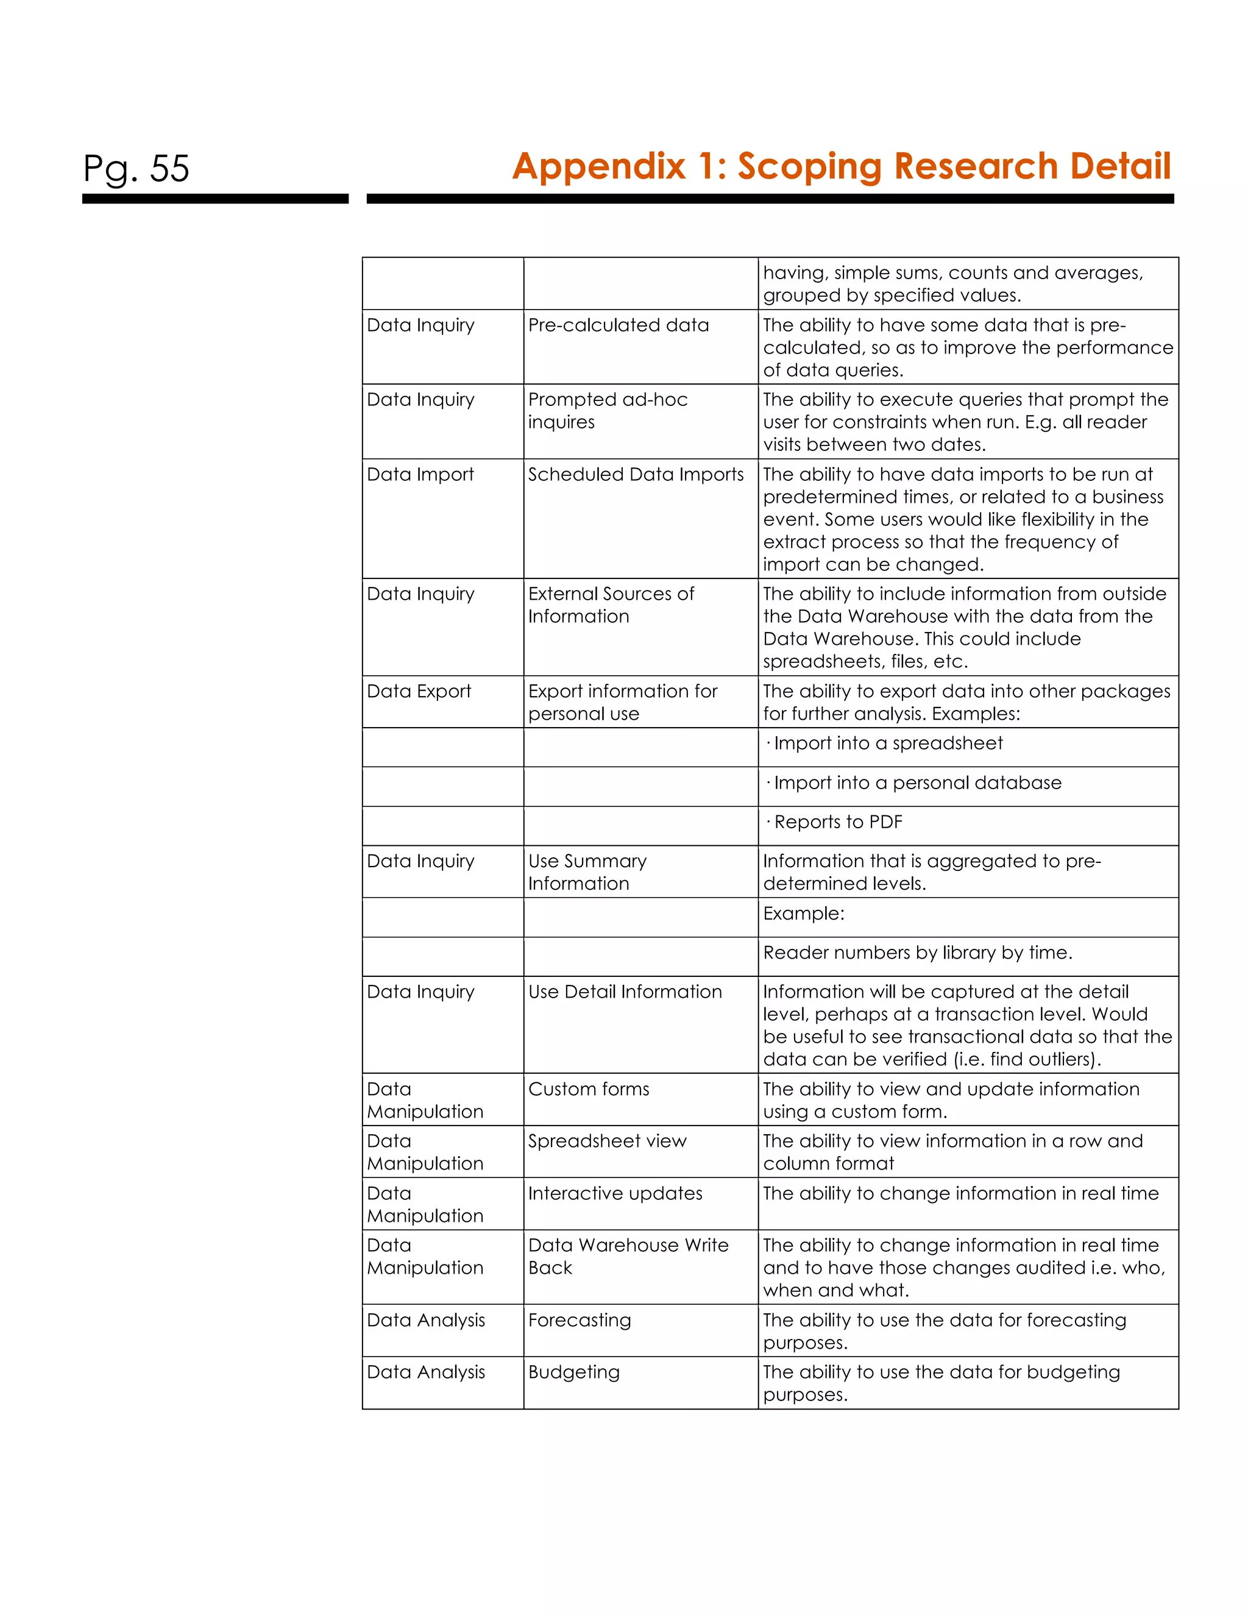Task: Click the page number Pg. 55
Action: tap(136, 169)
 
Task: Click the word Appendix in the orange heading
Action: tap(599, 166)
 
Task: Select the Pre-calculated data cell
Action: tap(618, 325)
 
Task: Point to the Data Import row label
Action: tap(420, 475)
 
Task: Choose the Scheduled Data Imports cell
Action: tap(636, 475)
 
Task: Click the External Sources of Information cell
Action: tap(611, 605)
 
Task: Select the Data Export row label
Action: tap(419, 692)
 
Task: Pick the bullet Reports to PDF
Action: tap(838, 822)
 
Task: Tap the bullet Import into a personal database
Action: tap(916, 783)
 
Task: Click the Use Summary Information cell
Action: tap(587, 872)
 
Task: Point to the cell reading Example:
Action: tap(804, 914)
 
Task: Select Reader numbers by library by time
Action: tap(916, 953)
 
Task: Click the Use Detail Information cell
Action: tap(625, 992)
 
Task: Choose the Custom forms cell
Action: tap(589, 1089)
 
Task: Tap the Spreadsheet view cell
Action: tap(607, 1141)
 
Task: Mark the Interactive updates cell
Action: tap(615, 1193)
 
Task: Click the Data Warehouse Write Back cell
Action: tap(628, 1257)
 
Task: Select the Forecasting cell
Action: tap(580, 1320)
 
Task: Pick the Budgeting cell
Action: tap(573, 1372)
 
